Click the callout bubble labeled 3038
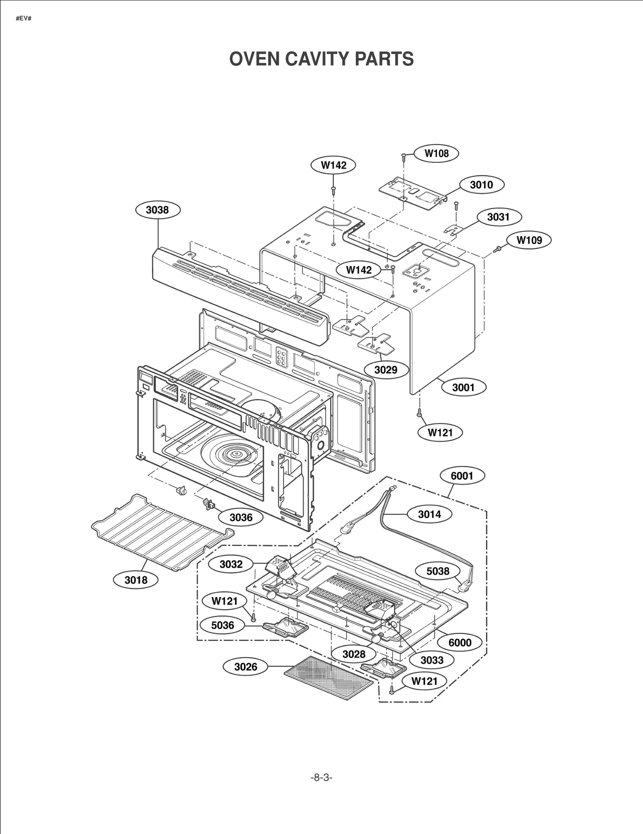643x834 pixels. click(x=158, y=210)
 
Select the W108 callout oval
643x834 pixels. click(x=436, y=153)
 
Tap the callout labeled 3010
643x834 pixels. click(x=481, y=185)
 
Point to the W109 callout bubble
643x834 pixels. click(x=529, y=240)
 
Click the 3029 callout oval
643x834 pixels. click(x=386, y=370)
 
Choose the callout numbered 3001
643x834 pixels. click(x=463, y=387)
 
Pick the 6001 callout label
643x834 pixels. click(x=462, y=476)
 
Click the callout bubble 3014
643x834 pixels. click(x=429, y=514)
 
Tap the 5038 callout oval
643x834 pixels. click(x=438, y=571)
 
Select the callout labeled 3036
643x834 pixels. click(x=241, y=517)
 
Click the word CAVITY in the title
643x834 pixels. click(x=319, y=59)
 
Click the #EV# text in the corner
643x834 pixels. click(x=23, y=19)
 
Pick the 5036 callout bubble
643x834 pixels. click(x=223, y=625)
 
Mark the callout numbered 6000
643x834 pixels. click(x=460, y=642)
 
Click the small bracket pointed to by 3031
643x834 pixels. click(x=454, y=229)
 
